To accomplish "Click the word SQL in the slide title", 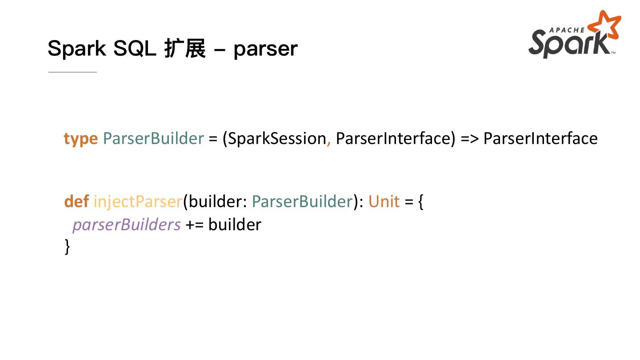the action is tap(134, 48).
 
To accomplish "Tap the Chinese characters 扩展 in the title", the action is tap(184, 48).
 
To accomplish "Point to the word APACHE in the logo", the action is tap(567, 30).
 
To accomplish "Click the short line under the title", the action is tap(72, 72).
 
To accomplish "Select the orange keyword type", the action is tap(80, 139).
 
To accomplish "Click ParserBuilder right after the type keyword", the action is tap(153, 138).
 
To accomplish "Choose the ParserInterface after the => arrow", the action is tap(540, 138).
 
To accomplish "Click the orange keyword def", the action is tap(76, 201).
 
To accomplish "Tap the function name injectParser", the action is tap(138, 202).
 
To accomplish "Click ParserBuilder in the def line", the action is tap(302, 201).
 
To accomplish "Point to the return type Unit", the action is tap(384, 201).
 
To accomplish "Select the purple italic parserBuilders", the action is tap(127, 224).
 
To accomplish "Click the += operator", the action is tap(194, 224).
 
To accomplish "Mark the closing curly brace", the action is tap(67, 246).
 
